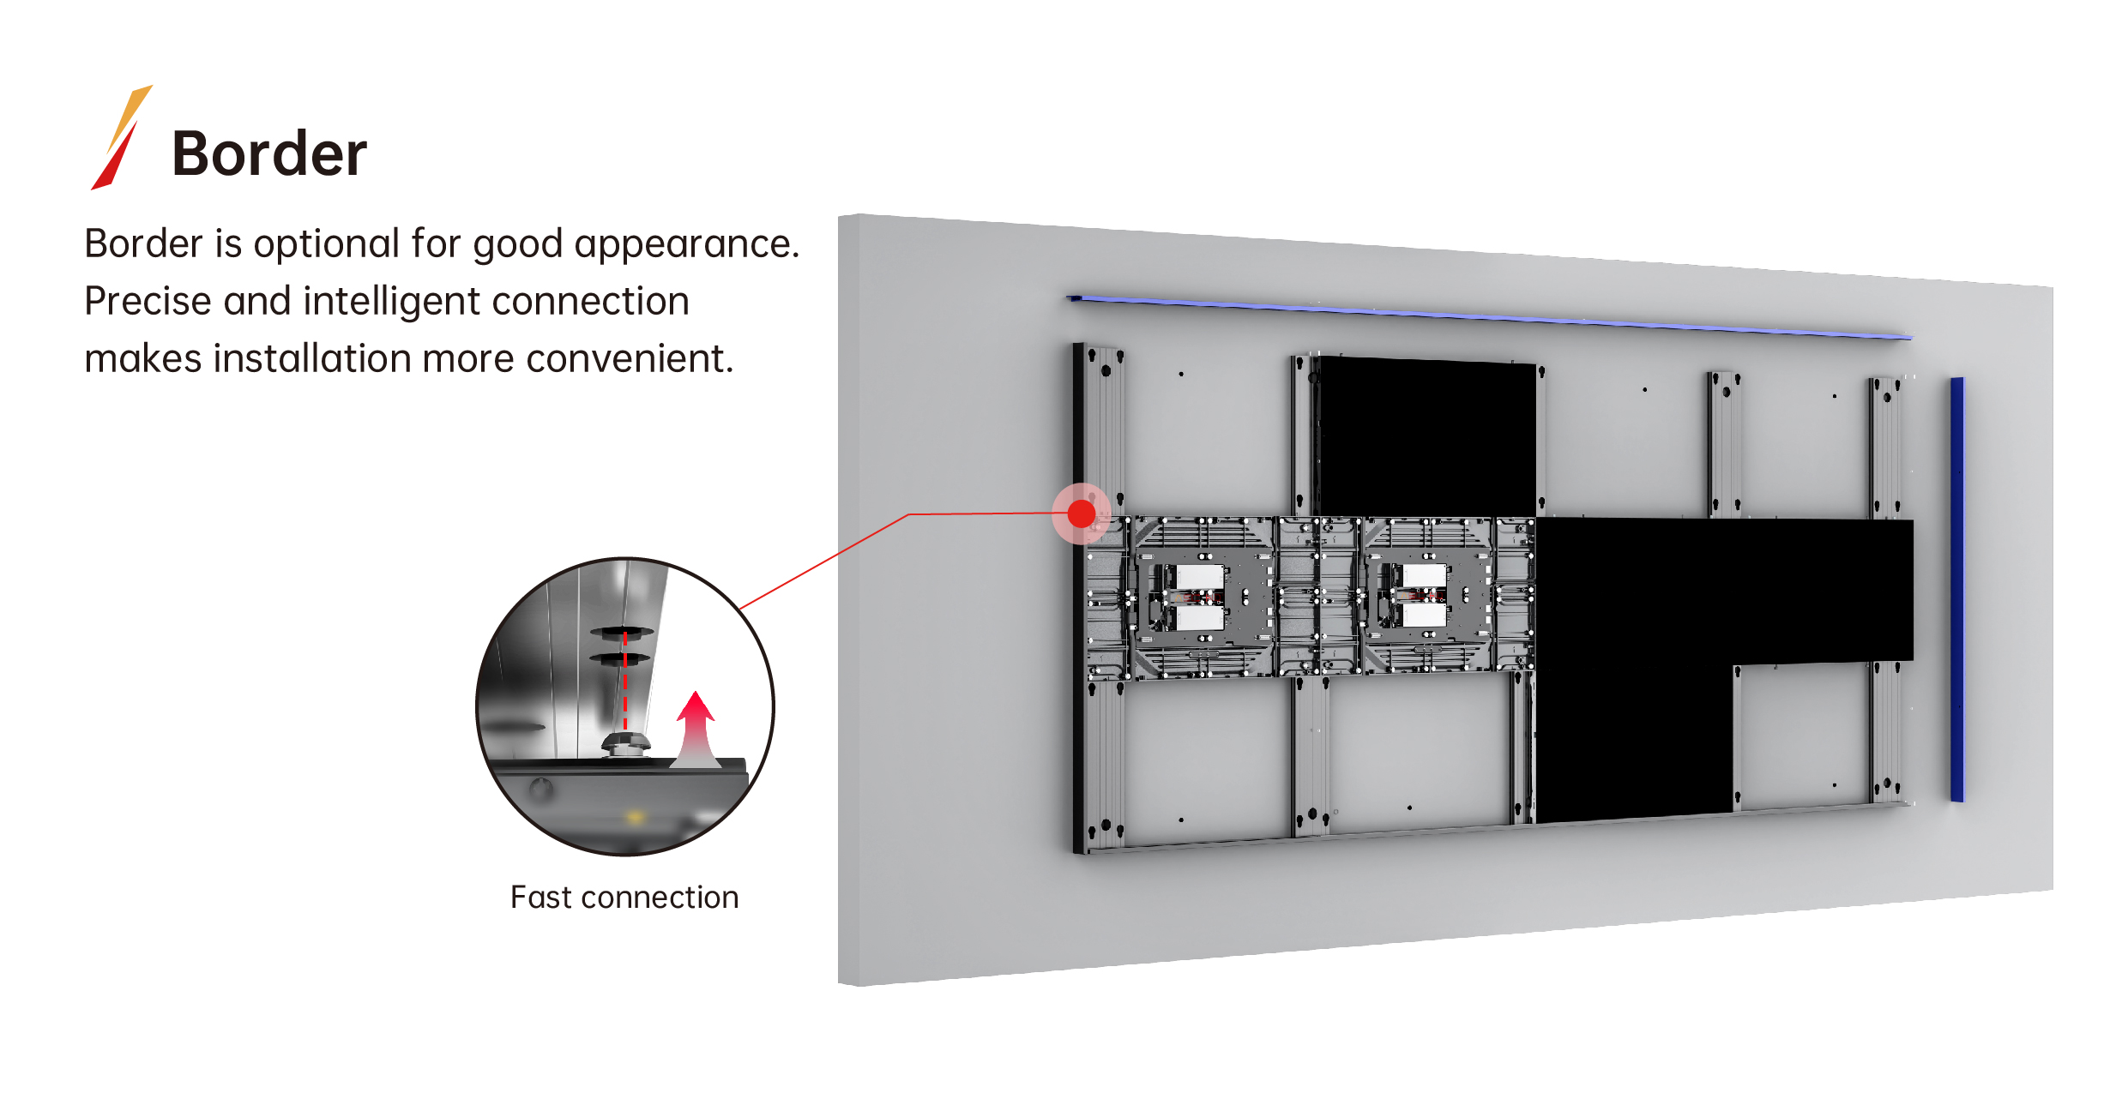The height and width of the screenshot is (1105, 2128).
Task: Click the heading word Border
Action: [x=269, y=154]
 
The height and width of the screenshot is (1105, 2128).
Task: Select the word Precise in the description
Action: [x=148, y=302]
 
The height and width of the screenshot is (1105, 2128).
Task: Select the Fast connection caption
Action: [x=624, y=898]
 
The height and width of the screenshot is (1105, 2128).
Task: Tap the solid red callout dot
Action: [x=1081, y=513]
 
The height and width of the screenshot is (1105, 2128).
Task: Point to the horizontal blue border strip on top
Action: [x=1489, y=317]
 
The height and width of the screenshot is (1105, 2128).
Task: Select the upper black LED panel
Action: [x=1426, y=435]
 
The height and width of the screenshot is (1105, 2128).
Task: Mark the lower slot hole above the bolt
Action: [x=619, y=658]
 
